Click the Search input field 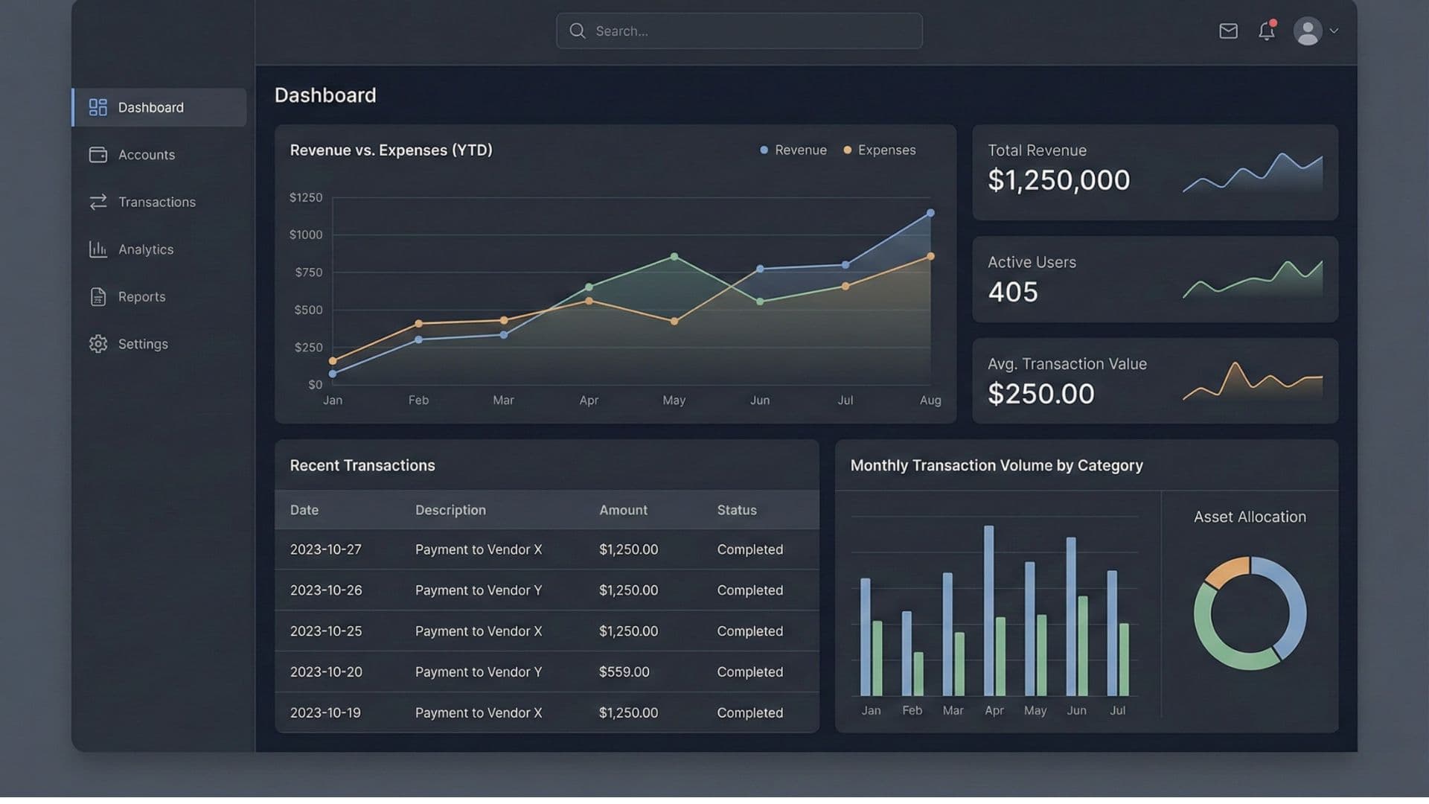(738, 31)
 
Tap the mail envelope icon (1228, 31)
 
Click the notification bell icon (1266, 31)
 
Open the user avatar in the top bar (1308, 31)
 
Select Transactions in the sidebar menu (156, 202)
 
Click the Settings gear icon (98, 344)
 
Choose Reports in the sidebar (141, 296)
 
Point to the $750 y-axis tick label (308, 272)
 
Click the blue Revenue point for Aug (930, 213)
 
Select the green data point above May (674, 257)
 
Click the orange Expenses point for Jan (333, 361)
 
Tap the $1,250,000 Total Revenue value (1058, 180)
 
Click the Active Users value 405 (1012, 292)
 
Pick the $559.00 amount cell (624, 671)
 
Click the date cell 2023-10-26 (326, 590)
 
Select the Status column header (736, 510)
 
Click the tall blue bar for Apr (988, 610)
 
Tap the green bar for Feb (918, 674)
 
